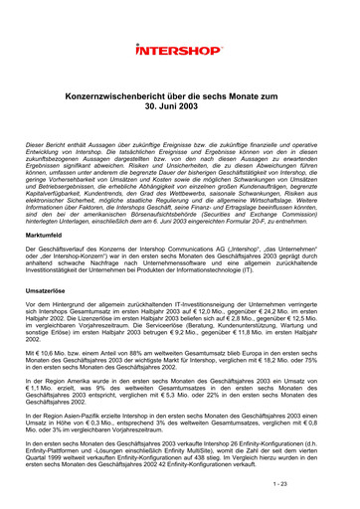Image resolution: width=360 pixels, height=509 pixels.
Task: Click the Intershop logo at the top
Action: pos(179,48)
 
